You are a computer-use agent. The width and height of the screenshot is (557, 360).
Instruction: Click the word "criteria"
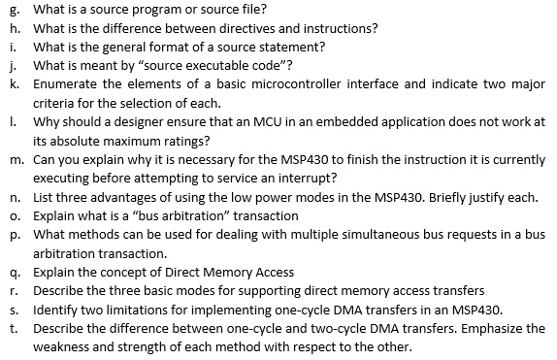coord(53,102)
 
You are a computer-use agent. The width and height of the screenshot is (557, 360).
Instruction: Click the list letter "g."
coord(12,10)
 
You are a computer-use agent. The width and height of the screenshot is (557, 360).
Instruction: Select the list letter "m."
coord(13,158)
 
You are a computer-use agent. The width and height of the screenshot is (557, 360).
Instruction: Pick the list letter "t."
coord(11,327)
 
